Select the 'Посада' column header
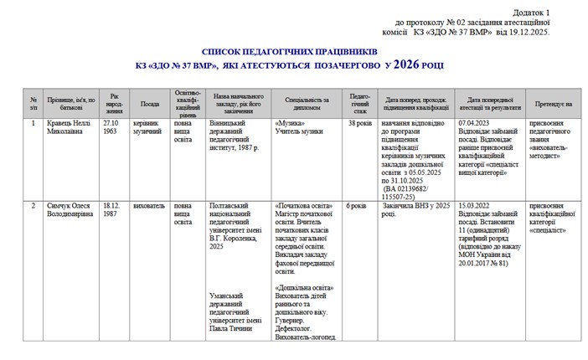coord(150,105)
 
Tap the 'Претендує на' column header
coord(554,105)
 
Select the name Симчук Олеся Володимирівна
coord(72,208)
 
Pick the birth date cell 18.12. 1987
coord(111,208)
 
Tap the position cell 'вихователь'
coord(149,204)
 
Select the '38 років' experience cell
coord(359,122)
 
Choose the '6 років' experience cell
coord(357,204)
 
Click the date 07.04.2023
coord(475,122)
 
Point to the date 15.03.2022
coord(475,204)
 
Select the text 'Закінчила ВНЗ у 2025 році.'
coord(410,208)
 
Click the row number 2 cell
coord(33,204)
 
